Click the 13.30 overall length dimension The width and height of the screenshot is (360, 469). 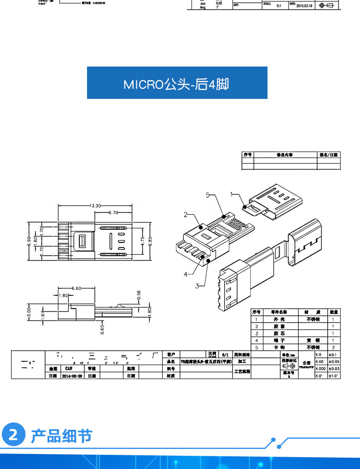click(95, 206)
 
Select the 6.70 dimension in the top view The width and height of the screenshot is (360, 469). click(113, 213)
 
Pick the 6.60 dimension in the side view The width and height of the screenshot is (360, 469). click(77, 288)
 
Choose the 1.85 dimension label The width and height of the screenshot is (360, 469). click(63, 295)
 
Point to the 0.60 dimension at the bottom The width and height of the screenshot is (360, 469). click(102, 329)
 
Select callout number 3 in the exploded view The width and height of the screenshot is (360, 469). click(197, 286)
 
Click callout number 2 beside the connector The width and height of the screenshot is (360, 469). click(186, 214)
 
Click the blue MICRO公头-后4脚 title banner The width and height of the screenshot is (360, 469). click(177, 83)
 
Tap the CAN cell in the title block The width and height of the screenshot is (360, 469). click(69, 368)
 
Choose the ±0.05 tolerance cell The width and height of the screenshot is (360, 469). click(334, 361)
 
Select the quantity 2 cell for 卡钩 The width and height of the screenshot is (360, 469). click(334, 347)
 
